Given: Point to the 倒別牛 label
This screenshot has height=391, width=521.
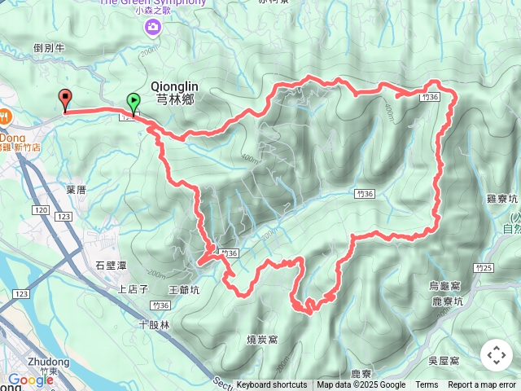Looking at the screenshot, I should coord(49,48).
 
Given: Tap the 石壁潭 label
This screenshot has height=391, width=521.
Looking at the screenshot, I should coord(111,265).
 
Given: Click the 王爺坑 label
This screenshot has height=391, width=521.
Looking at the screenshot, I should coord(183,289).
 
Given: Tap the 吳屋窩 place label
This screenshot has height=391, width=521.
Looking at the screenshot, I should coord(444,360).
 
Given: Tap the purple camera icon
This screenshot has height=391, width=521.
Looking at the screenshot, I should coord(152,29).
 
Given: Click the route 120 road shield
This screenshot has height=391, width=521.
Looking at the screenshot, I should coord(42,211).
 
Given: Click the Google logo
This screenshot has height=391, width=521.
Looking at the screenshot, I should coord(31,379).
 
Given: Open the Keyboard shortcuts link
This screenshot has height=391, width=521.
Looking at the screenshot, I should coord(272,385).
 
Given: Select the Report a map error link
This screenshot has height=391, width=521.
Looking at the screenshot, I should coord(482,385).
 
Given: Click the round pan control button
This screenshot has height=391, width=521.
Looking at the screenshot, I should coord(496,355).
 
